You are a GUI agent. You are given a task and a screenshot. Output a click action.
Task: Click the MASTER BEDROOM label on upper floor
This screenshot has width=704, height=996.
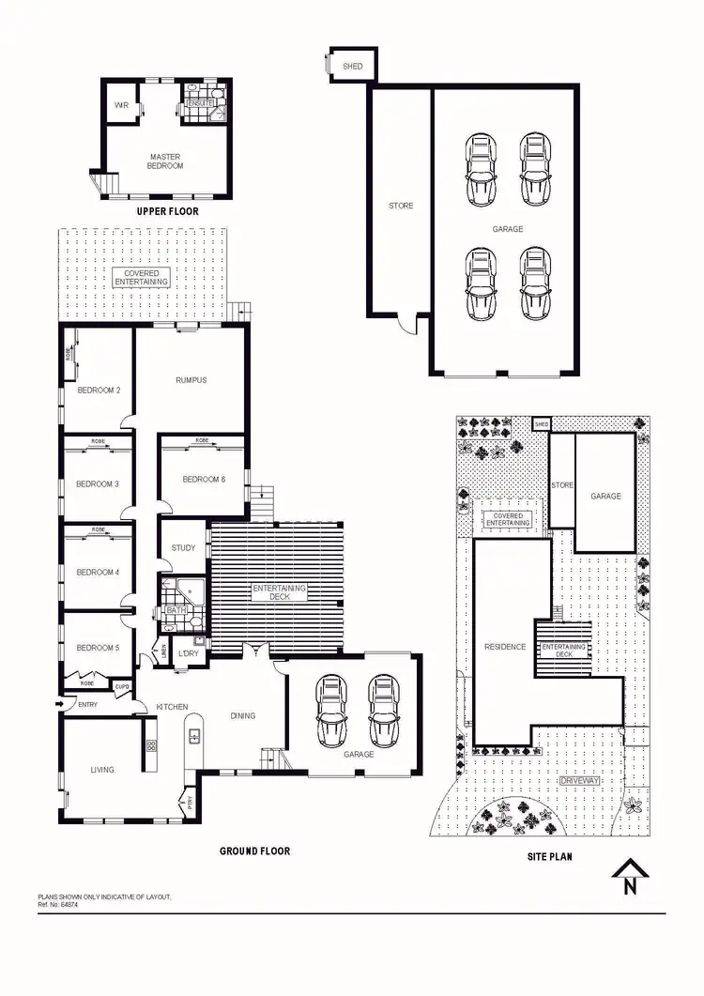pyautogui.click(x=165, y=161)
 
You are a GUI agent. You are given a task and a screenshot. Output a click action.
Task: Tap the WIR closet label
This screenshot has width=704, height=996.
pyautogui.click(x=122, y=105)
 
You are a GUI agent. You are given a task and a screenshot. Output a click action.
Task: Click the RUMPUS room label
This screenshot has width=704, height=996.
pyautogui.click(x=191, y=380)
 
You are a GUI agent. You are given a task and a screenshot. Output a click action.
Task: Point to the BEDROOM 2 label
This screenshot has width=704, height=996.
pyautogui.click(x=98, y=391)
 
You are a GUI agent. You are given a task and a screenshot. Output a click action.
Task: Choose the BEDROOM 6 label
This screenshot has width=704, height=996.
pyautogui.click(x=204, y=480)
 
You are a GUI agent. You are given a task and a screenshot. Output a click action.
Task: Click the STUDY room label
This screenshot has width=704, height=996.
pyautogui.click(x=183, y=549)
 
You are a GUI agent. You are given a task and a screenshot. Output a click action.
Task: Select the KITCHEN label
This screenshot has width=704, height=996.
pyautogui.click(x=173, y=706)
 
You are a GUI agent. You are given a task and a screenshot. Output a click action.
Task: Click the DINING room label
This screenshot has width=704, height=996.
pyautogui.click(x=243, y=715)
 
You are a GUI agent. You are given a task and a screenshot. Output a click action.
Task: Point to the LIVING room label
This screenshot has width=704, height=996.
pyautogui.click(x=102, y=770)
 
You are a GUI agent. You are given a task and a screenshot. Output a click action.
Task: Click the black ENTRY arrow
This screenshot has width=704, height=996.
pyautogui.click(x=61, y=703)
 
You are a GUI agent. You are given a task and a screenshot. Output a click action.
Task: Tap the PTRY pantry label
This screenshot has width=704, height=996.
pyautogui.click(x=191, y=803)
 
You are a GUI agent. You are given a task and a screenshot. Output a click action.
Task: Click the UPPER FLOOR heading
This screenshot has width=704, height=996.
pyautogui.click(x=167, y=211)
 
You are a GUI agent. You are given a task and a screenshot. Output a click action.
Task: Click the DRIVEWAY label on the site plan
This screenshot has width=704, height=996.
pyautogui.click(x=578, y=780)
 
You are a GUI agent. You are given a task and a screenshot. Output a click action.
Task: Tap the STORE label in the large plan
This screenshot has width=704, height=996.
pyautogui.click(x=401, y=206)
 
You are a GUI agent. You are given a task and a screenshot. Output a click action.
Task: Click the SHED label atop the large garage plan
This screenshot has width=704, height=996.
pyautogui.click(x=354, y=67)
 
